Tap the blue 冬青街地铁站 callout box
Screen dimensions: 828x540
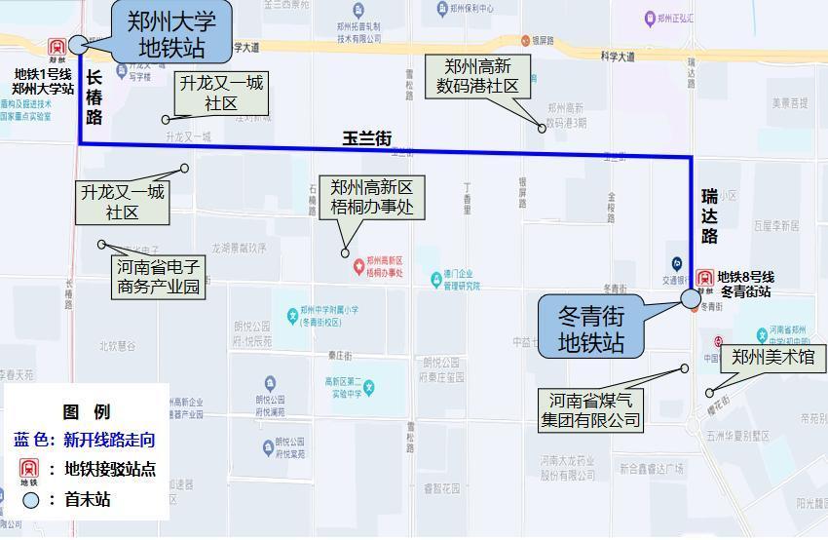pos(590,328)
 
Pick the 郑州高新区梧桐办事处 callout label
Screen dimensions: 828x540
pos(372,197)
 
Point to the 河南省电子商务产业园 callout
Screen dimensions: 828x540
pos(159,277)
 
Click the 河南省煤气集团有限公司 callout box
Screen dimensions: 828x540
pos(591,410)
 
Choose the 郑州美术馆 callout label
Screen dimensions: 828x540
pos(772,358)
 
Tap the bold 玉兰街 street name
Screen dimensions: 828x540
pos(366,139)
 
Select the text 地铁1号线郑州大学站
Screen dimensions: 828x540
pos(43,81)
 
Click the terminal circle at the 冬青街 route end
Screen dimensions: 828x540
pos(691,297)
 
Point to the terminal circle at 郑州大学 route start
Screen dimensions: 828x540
pos(78,44)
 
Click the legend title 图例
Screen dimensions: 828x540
pos(87,412)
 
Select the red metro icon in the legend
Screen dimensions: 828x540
pos(29,471)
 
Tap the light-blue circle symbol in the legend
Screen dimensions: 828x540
pos(31,500)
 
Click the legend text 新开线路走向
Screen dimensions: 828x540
pos(109,440)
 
